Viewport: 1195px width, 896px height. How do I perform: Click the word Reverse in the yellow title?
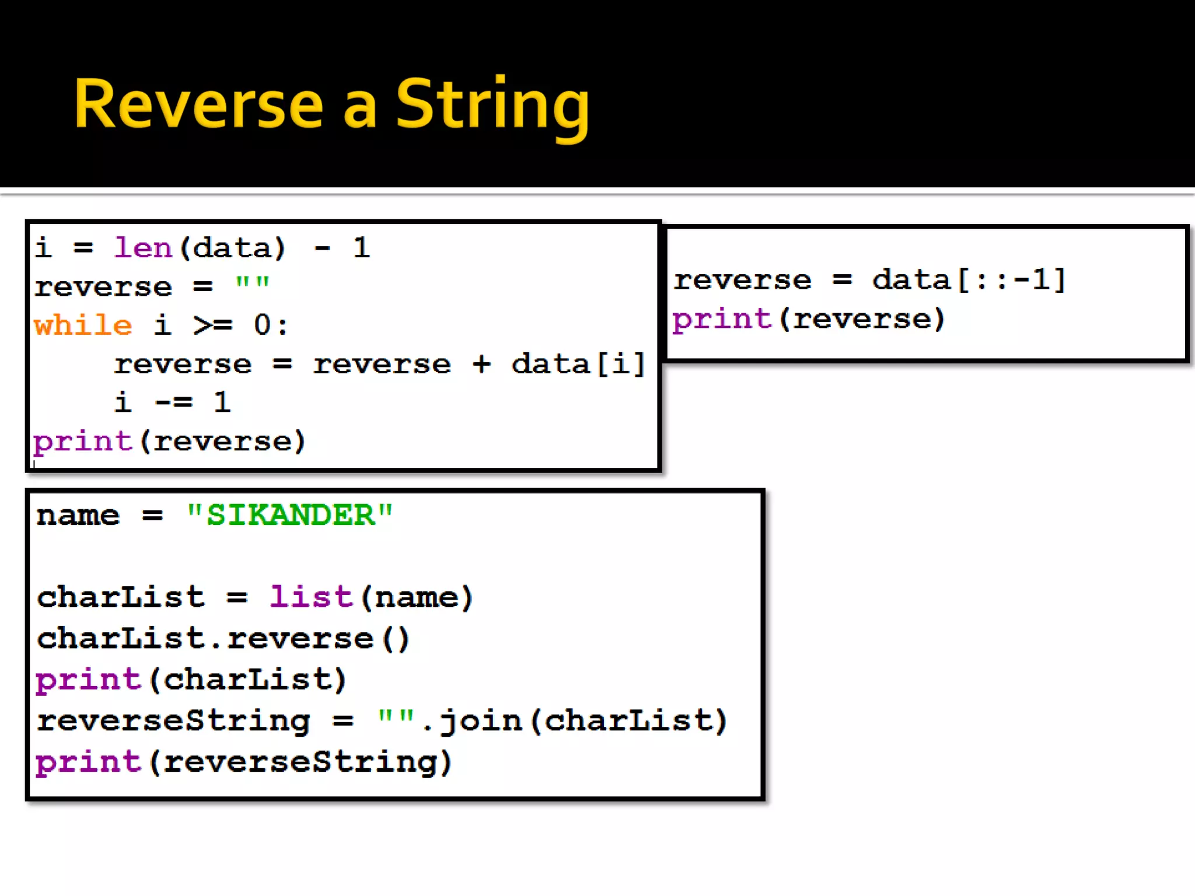pyautogui.click(x=198, y=105)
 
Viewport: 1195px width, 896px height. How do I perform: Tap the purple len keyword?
pyautogui.click(x=143, y=248)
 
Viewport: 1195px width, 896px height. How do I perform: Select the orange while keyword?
pyautogui.click(x=83, y=325)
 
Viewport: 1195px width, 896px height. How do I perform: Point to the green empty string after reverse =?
pyautogui.click(x=252, y=285)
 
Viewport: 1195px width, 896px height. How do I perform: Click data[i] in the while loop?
pyautogui.click(x=578, y=364)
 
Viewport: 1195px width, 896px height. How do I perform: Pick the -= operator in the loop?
pyautogui.click(x=174, y=402)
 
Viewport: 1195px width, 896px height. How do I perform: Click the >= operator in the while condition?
pyautogui.click(x=213, y=325)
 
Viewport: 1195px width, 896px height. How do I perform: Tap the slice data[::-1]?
pyautogui.click(x=969, y=280)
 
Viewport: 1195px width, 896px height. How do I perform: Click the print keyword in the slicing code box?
pyautogui.click(x=722, y=320)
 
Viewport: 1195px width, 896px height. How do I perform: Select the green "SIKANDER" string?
pyautogui.click(x=290, y=515)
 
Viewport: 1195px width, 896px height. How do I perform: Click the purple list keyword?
pyautogui.click(x=311, y=597)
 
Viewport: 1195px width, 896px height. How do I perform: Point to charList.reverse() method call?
pyautogui.click(x=223, y=639)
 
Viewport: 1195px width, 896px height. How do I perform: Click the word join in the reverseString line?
pyautogui.click(x=481, y=721)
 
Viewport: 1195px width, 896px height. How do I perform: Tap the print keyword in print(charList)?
pyautogui.click(x=88, y=680)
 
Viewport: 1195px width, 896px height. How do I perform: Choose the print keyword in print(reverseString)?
pyautogui.click(x=88, y=762)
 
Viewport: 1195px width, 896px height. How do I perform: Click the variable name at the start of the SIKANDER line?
pyautogui.click(x=78, y=516)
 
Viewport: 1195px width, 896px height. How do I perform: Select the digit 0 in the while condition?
pyautogui.click(x=262, y=325)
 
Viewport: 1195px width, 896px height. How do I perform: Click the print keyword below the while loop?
pyautogui.click(x=83, y=442)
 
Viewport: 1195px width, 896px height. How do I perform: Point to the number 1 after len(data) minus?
pyautogui.click(x=361, y=248)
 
